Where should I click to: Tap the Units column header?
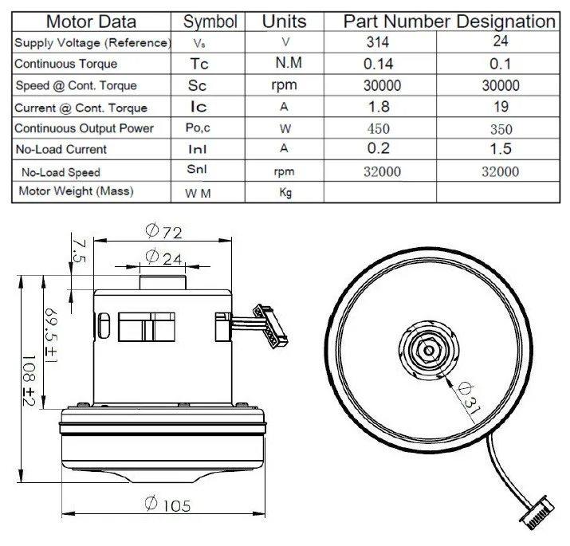tap(285, 22)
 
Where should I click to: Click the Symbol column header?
tap(210, 22)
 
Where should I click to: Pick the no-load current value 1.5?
tap(501, 149)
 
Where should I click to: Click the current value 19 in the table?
tap(501, 107)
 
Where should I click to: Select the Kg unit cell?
tap(285, 192)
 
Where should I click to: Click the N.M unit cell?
tap(285, 64)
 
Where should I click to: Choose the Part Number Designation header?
tap(449, 22)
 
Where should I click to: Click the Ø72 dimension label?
tap(164, 232)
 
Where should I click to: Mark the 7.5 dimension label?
tap(77, 248)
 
